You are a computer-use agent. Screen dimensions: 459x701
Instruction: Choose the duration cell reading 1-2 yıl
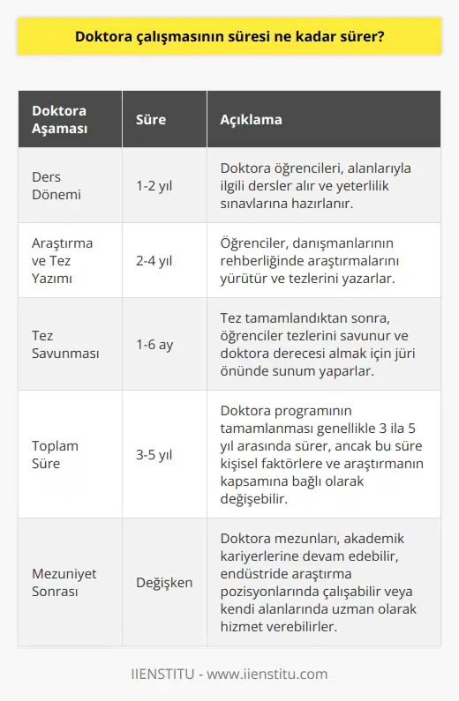pyautogui.click(x=155, y=185)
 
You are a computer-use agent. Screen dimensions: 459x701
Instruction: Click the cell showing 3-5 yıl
pyautogui.click(x=155, y=453)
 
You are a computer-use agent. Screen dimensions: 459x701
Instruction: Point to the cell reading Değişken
pyautogui.click(x=164, y=582)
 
